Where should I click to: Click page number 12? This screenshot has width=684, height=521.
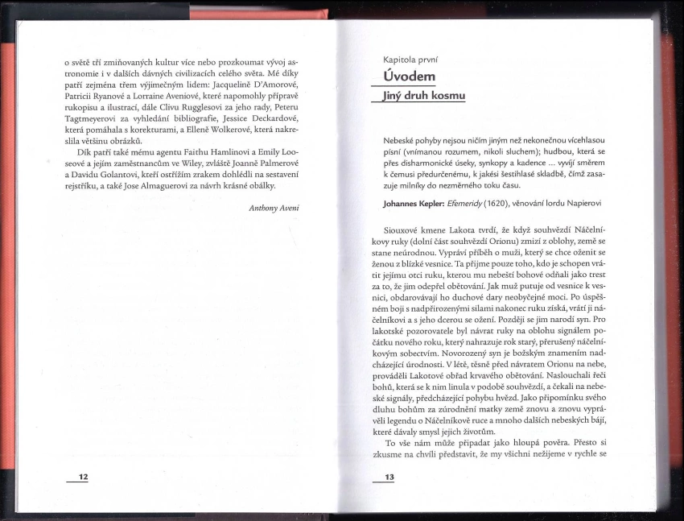[83, 477]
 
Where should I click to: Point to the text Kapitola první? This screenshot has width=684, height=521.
[411, 59]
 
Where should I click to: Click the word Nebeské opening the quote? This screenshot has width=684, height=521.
[402, 140]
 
